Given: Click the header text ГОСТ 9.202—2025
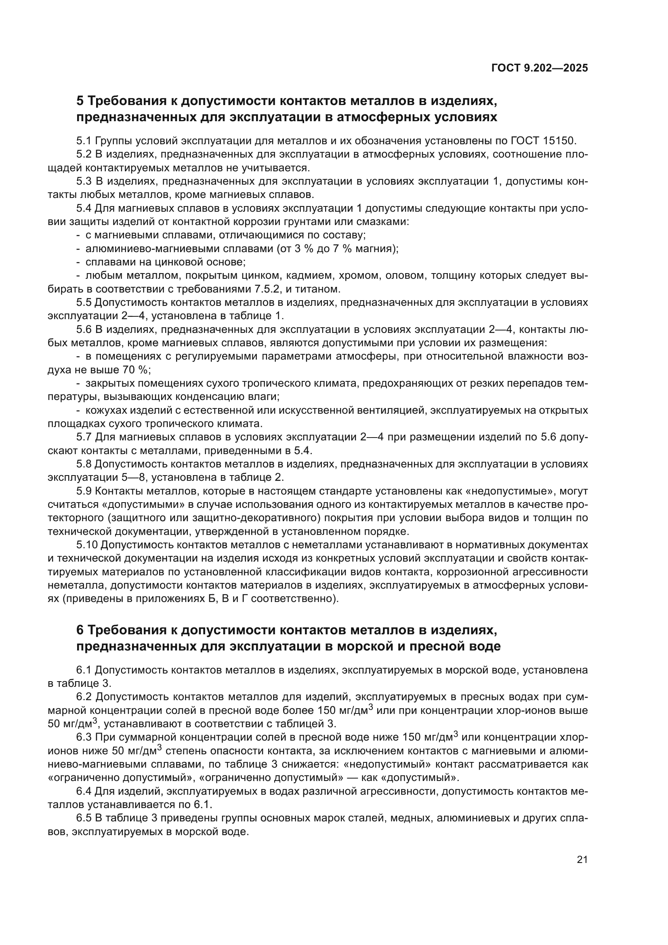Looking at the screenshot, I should tap(540, 68).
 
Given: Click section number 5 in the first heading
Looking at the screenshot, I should tap(80, 101).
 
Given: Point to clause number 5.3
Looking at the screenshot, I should tap(84, 181).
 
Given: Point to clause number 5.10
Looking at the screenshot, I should tap(87, 545).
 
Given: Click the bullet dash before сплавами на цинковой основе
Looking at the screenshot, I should tap(78, 262).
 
